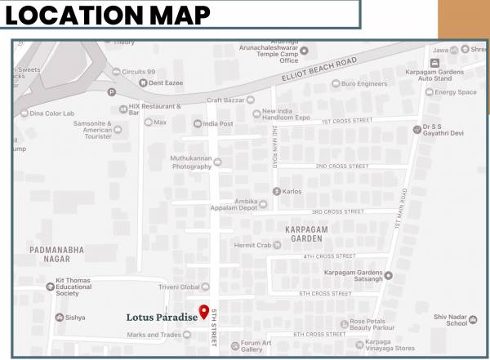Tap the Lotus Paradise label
tap(161, 317)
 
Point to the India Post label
tap(218, 123)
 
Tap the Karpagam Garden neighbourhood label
tap(306, 235)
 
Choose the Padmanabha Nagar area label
tap(56, 254)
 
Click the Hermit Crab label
tap(252, 245)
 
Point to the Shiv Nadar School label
tap(451, 319)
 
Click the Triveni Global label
tap(179, 287)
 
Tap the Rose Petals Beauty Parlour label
tap(372, 324)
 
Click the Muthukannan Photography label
tap(191, 162)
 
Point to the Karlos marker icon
tap(276, 191)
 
